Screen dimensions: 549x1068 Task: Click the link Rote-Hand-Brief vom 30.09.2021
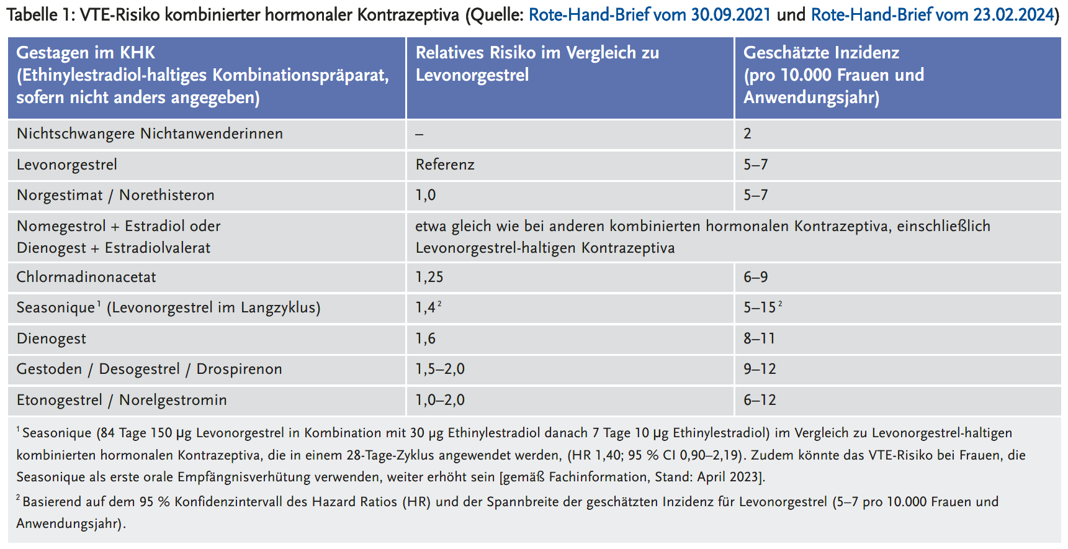tap(649, 14)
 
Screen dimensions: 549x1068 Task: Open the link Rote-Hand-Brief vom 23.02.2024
tap(933, 14)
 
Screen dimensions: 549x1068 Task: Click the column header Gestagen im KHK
tap(86, 53)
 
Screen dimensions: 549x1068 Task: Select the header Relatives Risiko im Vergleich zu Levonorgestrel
tap(537, 64)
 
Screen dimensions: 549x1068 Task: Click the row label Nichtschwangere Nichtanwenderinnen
tap(150, 134)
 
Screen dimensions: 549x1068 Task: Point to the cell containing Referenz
tap(445, 165)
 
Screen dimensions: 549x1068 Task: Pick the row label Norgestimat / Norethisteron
tap(115, 195)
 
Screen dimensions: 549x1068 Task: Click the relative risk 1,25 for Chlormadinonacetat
tap(429, 277)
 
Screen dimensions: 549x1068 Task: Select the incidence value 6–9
tap(755, 277)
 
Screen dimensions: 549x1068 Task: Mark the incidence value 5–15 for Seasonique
tap(760, 307)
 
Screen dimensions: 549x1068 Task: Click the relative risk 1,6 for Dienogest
tap(426, 338)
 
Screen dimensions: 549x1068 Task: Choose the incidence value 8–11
tap(760, 338)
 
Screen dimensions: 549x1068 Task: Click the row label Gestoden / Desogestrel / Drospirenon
tap(149, 369)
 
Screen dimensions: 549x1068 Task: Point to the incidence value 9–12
tap(760, 369)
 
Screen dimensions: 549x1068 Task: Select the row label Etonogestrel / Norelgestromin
tap(122, 400)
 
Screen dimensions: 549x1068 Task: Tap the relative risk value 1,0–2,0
tap(440, 400)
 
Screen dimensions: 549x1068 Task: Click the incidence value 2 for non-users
tap(748, 134)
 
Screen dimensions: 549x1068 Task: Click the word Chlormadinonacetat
tap(86, 277)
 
